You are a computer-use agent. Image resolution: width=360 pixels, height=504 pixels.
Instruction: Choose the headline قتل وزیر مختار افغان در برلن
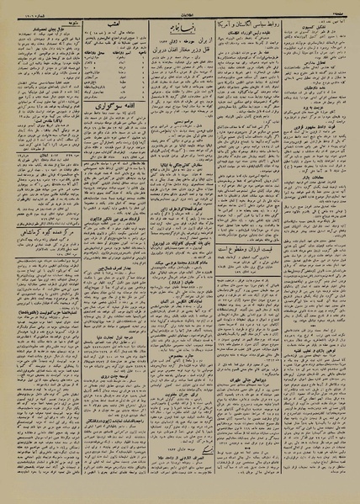[180, 50]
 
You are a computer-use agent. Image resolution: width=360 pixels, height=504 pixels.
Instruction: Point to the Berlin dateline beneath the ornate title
[180, 41]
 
